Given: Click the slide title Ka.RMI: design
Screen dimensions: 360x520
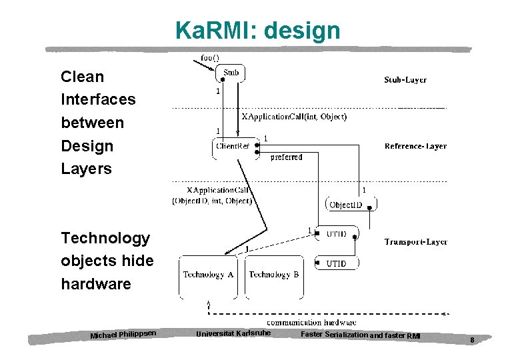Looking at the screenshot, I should tap(257, 31).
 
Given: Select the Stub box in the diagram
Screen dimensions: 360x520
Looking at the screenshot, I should tap(231, 73).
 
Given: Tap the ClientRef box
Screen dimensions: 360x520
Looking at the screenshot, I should tap(233, 146).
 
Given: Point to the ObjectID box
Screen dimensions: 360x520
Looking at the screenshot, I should tap(346, 205).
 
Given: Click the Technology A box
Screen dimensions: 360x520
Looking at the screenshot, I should tap(209, 275).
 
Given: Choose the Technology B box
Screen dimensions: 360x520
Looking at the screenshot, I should tap(273, 275).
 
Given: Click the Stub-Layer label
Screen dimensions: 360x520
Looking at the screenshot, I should tap(405, 80).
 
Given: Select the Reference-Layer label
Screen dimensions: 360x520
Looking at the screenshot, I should tap(415, 146).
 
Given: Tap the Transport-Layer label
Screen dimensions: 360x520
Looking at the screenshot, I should tap(415, 242).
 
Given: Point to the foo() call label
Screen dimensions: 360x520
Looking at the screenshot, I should tap(210, 58).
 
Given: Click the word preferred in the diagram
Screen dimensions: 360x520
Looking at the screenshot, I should tap(286, 157).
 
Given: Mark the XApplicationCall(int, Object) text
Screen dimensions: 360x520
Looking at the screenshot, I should tap(294, 117).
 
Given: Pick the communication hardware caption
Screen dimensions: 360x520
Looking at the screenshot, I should tap(311, 323).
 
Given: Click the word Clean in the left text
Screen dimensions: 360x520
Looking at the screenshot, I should tap(82, 77).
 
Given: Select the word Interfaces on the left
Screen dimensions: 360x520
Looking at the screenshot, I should tap(98, 99).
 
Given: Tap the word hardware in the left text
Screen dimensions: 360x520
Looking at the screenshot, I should tap(96, 284).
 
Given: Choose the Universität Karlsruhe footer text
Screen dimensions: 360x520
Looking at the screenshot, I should tap(233, 333).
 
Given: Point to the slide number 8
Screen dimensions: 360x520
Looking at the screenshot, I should tap(471, 340).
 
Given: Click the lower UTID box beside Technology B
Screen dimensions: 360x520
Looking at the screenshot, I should tap(336, 264).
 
